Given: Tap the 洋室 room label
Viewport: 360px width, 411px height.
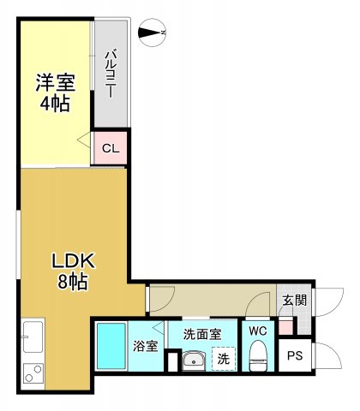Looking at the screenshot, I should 55,83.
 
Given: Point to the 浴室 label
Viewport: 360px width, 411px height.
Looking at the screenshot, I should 145,347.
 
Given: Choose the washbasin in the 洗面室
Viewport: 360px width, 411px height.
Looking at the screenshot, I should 195,359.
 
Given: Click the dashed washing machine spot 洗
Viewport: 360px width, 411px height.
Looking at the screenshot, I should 223,358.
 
